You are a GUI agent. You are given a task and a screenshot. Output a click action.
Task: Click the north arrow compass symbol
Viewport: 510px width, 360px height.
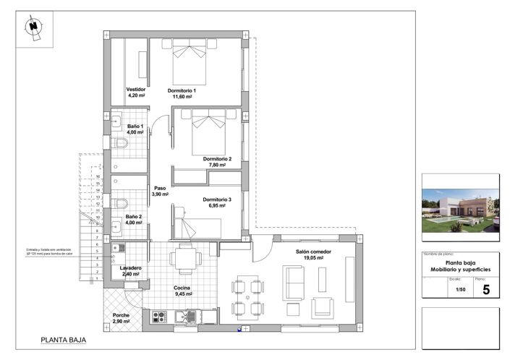click(33, 27)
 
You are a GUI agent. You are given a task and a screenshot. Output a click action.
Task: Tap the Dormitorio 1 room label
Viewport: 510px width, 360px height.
click(182, 93)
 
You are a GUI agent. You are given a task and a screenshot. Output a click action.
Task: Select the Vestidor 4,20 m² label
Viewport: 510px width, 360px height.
click(136, 92)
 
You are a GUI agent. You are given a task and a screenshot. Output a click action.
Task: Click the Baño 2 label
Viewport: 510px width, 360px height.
click(134, 219)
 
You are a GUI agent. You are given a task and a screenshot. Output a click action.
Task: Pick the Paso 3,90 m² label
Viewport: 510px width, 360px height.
click(160, 191)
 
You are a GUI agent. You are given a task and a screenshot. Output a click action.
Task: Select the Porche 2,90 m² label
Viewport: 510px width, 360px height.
click(122, 317)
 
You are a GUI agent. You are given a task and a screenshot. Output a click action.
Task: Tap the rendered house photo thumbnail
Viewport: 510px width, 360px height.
click(460, 210)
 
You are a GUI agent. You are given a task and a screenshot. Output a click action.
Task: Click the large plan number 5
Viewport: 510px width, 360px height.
click(485, 290)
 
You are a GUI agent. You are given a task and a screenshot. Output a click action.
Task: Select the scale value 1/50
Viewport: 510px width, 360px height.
click(460, 290)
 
